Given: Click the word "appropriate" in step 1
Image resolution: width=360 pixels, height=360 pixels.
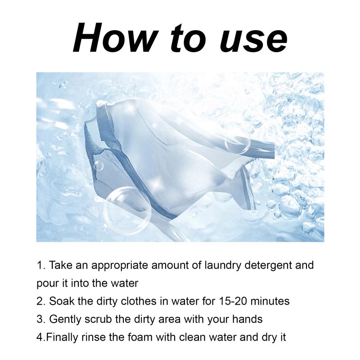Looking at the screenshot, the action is coord(120,266).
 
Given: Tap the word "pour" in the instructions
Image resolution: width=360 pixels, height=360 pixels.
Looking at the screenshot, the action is coord(48,284).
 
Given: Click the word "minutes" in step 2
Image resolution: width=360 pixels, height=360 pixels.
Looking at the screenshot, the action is coord(270,301).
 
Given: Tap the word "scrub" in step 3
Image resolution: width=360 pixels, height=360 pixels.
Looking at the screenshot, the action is coord(98,319).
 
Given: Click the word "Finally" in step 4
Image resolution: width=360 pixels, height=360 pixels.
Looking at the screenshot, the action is coord(62,338).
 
